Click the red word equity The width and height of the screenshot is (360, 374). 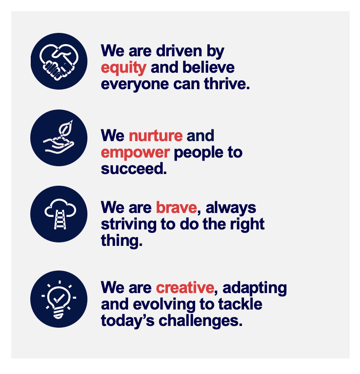tap(123, 68)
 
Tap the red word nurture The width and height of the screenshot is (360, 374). tap(156, 136)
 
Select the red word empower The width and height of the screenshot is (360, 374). tap(135, 153)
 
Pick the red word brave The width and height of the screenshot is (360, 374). tap(177, 207)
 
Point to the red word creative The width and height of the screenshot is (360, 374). tap(185, 288)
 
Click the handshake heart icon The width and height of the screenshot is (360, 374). tap(59, 61)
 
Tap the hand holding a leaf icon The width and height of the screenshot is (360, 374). tap(59, 138)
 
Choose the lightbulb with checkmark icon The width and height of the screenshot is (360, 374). tap(59, 299)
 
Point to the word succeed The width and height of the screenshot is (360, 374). tap(134, 169)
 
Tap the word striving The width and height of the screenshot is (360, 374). tap(129, 225)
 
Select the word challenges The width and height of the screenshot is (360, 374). tap(200, 321)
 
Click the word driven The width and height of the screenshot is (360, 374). tap(179, 51)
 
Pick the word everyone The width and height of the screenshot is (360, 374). tap(135, 85)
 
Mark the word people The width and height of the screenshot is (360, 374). tap(199, 153)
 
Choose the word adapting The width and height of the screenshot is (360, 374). tap(254, 288)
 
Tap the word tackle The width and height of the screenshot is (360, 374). tap(240, 304)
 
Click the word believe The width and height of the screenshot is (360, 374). tap(209, 67)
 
